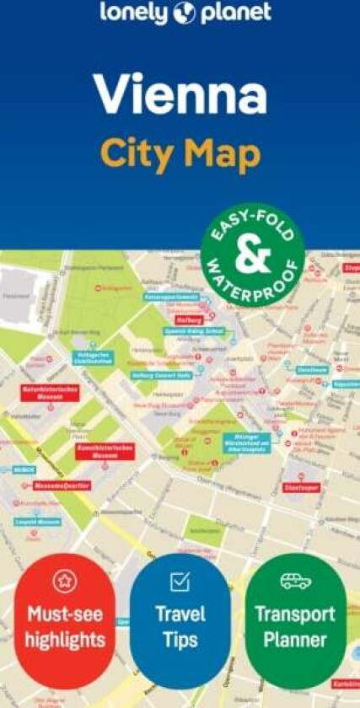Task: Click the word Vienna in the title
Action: tap(180, 94)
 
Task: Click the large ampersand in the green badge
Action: tap(252, 256)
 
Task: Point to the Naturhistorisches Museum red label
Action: tap(50, 393)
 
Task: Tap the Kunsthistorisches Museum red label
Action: tap(105, 451)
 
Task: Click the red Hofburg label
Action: tap(190, 320)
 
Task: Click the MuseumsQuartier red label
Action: tap(62, 486)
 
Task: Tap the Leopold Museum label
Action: tap(37, 522)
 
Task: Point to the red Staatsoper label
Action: tap(300, 487)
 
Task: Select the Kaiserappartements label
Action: tap(171, 298)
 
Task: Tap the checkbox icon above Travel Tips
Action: tap(180, 582)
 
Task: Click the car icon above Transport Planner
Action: tap(295, 582)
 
